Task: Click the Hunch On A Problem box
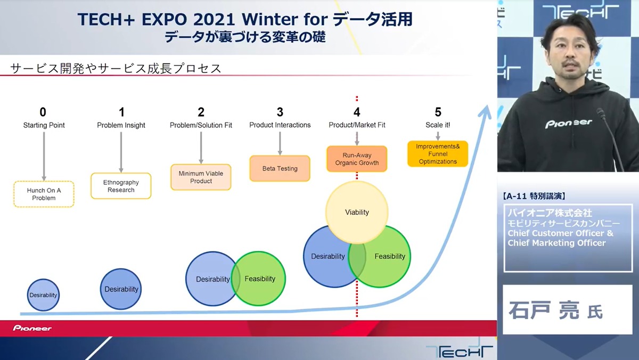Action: coord(44,194)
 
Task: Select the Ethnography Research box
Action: coord(121,186)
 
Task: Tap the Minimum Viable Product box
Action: coord(201,177)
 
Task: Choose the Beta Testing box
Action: coord(280,168)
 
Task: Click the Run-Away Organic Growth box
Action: coord(357,159)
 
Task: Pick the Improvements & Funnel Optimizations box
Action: coord(438,154)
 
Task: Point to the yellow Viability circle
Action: coord(357,212)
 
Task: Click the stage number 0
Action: coord(43,112)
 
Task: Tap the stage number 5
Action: coord(438,112)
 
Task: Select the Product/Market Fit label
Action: coord(357,125)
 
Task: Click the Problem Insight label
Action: coord(121,125)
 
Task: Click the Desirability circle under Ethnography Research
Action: coord(121,289)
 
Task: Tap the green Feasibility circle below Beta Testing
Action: coord(258,279)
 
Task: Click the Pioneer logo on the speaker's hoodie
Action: coord(569,124)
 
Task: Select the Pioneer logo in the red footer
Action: coord(32,329)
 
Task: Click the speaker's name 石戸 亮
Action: coord(544,310)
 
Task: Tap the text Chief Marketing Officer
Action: coord(556,243)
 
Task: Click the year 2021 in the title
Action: coord(214,20)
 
